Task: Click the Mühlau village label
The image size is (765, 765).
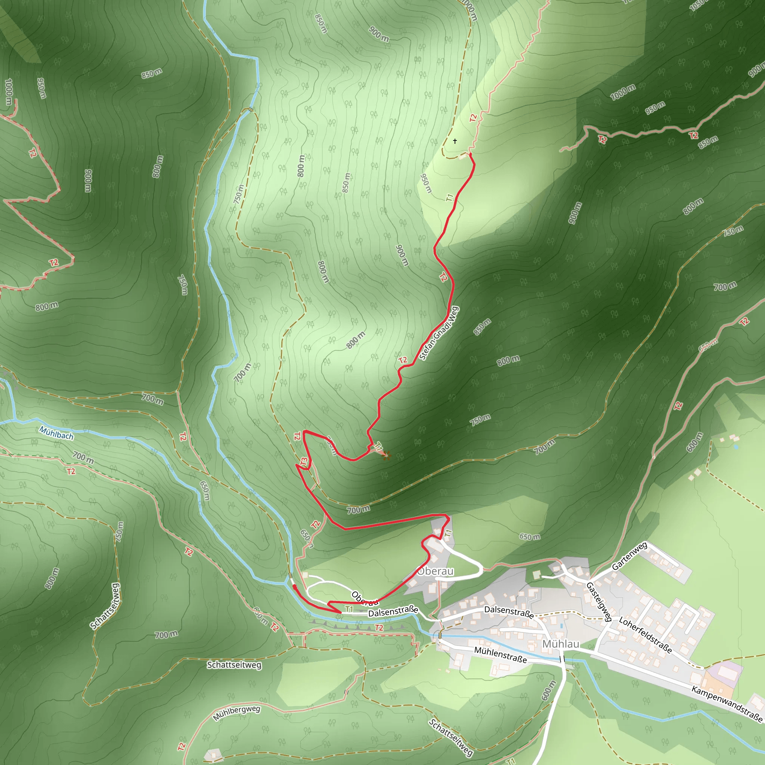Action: pos(560,644)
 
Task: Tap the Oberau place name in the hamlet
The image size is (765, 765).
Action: pos(435,571)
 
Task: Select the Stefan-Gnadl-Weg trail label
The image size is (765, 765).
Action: pos(439,334)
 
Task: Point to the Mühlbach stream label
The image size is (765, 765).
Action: pos(56,433)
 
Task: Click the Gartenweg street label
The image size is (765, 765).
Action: pos(629,556)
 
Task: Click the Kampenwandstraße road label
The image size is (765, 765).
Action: pos(727,704)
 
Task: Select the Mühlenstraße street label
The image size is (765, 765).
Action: pos(501,655)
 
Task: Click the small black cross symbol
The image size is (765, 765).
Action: pos(455,141)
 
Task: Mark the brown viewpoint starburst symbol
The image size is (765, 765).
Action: pos(387,456)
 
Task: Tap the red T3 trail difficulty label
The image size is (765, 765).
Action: pos(304,462)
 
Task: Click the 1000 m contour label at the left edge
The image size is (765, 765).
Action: pos(8,92)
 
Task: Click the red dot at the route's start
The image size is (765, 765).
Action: pos(294,586)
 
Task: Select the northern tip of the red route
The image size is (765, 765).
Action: pos(470,154)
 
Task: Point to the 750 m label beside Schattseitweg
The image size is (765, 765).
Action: pos(119,532)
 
